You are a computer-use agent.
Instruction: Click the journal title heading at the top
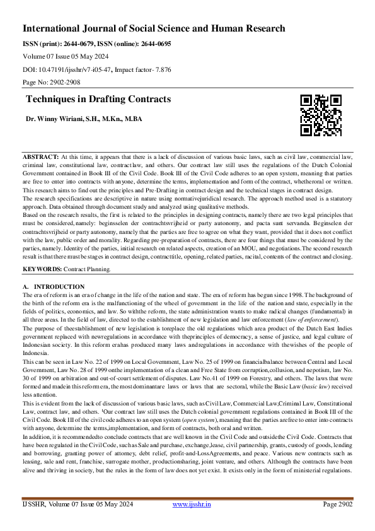[154, 28]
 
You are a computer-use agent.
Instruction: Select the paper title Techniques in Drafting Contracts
[98, 100]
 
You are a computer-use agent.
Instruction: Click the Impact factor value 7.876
[161, 70]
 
